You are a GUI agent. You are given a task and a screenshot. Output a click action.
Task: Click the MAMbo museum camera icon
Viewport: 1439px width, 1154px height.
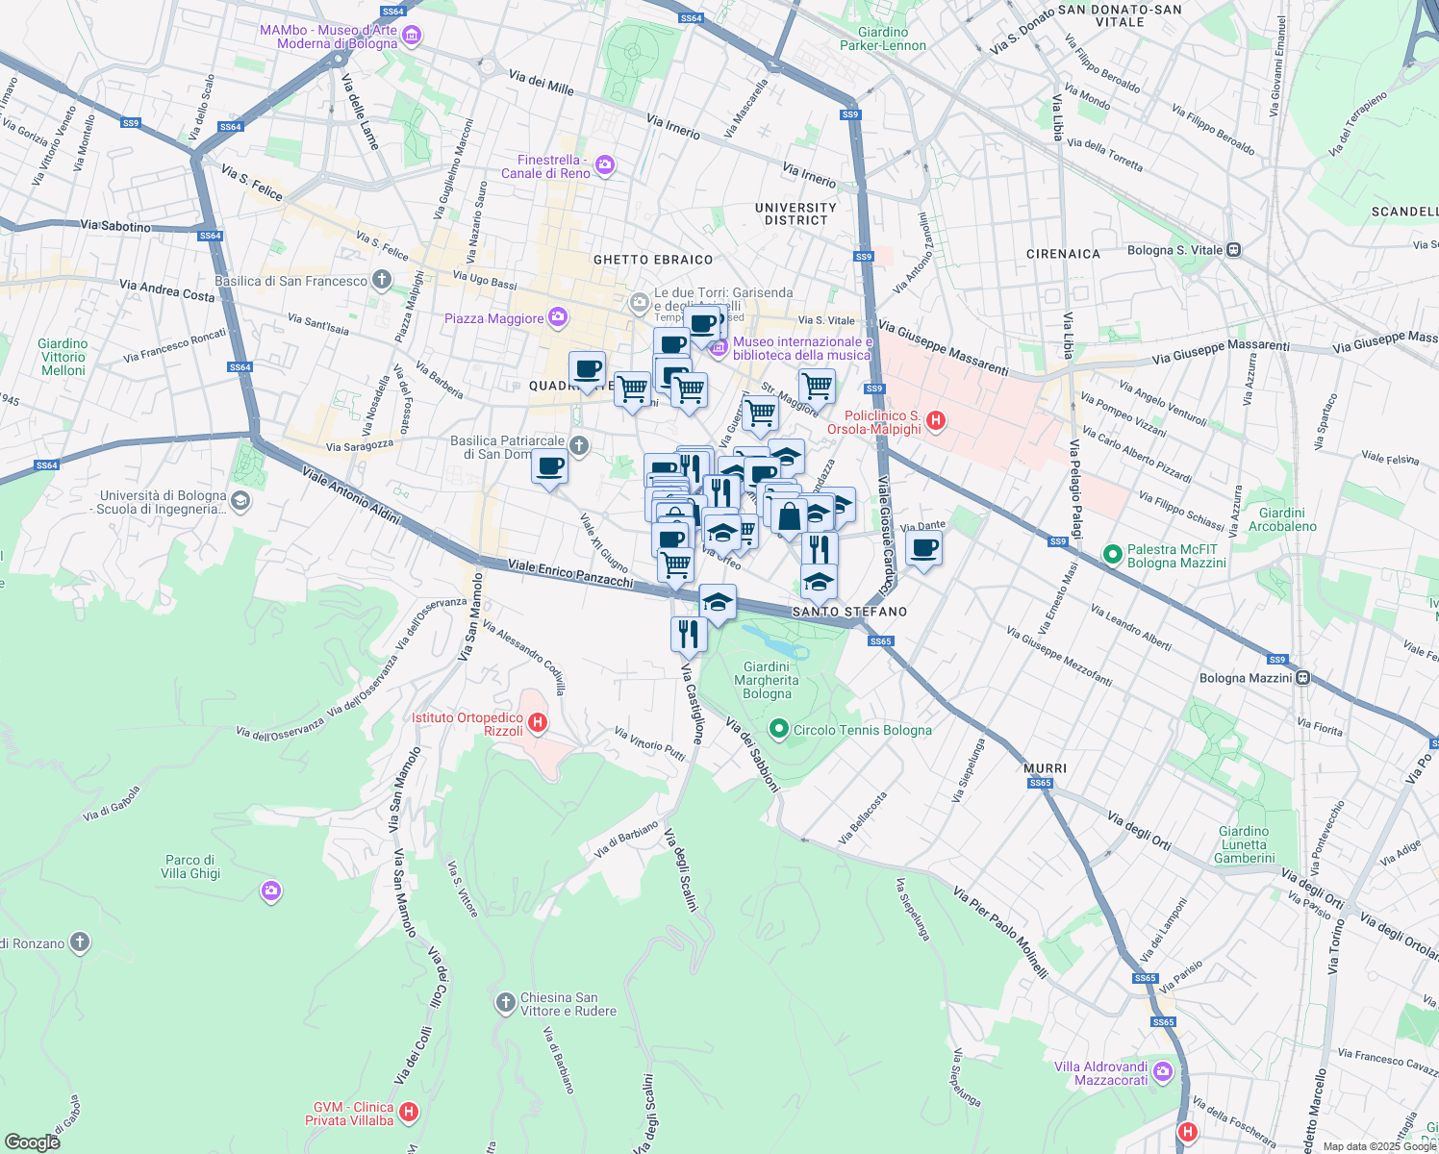[412, 37]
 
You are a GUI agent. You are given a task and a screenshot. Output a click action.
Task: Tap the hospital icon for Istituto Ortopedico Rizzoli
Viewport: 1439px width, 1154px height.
[538, 723]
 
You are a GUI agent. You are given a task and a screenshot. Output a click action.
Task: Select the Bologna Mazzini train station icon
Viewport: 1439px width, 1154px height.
[1302, 677]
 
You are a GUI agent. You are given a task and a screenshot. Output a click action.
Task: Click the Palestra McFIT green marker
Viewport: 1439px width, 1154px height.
[1113, 555]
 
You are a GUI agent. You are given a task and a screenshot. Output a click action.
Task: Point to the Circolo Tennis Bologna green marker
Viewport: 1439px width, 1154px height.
[779, 730]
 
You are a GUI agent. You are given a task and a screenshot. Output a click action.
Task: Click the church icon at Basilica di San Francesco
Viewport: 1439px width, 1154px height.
[382, 280]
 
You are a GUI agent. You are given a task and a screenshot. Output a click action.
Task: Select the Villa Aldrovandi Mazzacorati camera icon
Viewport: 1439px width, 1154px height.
[1163, 1071]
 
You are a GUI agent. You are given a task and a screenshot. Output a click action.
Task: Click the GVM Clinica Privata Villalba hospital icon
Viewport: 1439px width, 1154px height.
[409, 1113]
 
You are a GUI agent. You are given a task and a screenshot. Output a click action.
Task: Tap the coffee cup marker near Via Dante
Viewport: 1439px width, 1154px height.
[923, 549]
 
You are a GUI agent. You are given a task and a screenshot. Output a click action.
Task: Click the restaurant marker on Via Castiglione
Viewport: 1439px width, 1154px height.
[689, 635]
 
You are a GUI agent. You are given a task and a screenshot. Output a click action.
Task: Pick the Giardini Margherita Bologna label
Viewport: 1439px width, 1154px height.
[767, 680]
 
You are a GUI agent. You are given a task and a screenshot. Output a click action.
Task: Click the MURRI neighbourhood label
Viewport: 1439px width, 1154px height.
[1045, 768]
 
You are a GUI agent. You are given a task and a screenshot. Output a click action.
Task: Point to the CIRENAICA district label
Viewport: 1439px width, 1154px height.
[1063, 254]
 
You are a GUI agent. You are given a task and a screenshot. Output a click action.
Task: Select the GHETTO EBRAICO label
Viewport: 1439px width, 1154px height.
[653, 260]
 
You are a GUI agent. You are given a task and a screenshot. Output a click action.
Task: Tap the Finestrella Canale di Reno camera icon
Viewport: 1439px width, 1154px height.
[604, 165]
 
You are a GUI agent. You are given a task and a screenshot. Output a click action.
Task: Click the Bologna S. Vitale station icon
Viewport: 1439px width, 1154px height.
[1233, 250]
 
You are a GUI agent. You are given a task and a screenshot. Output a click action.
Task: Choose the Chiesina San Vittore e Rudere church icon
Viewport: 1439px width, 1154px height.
[505, 1004]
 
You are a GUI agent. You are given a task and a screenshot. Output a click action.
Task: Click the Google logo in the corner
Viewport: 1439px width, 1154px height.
[32, 1141]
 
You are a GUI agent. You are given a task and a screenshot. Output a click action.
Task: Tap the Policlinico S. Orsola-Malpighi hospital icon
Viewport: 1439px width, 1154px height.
[935, 421]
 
